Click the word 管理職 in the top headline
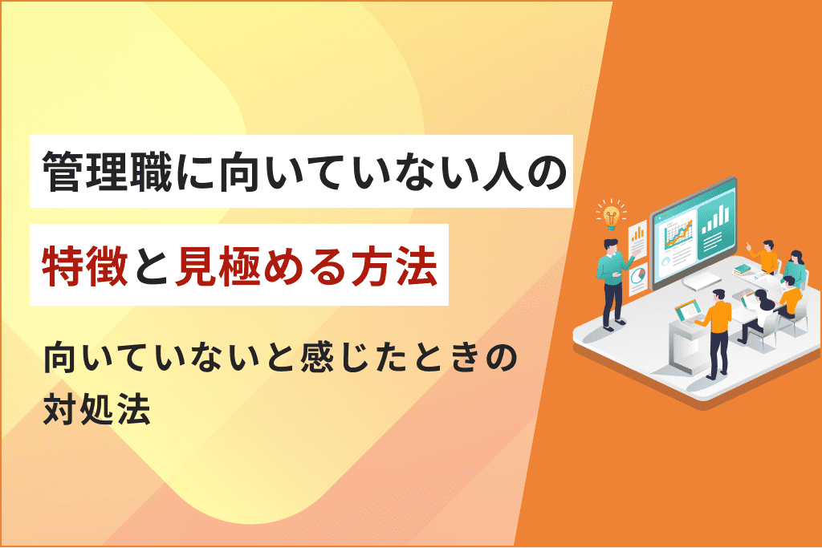107,172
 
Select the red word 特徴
85,266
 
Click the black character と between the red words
152,266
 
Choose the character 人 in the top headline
501,172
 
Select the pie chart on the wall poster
638,275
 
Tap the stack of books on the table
743,270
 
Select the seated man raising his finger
764,257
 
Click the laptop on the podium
688,311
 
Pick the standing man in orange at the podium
715,333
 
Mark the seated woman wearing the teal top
795,268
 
